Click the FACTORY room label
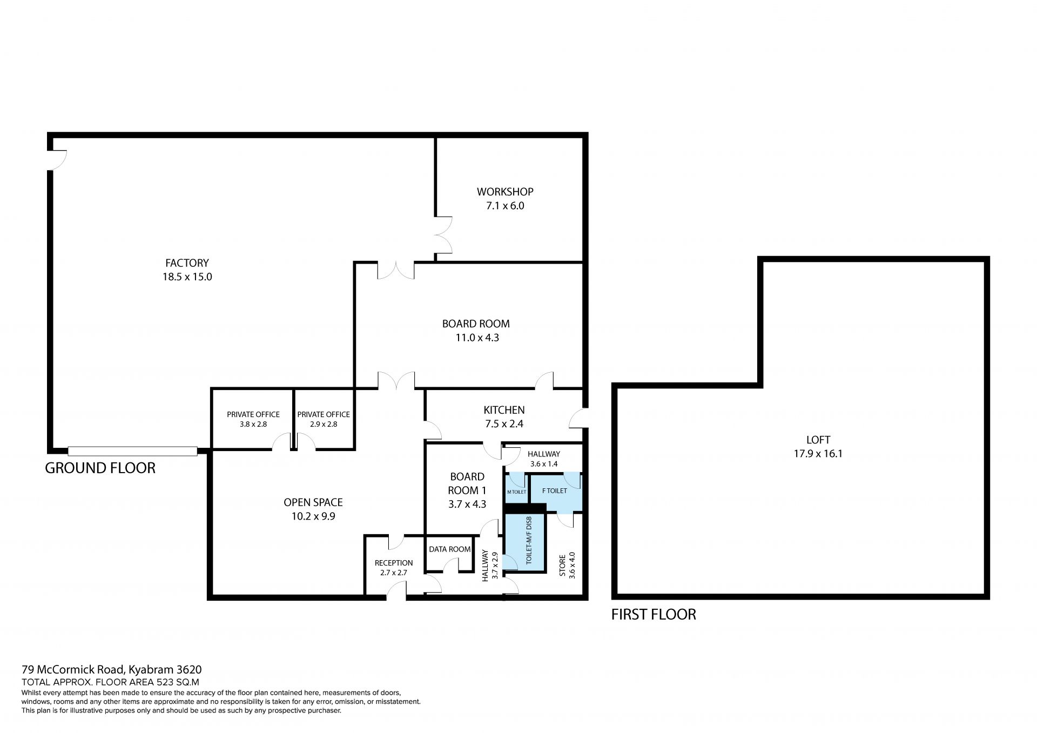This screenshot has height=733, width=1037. [x=187, y=263]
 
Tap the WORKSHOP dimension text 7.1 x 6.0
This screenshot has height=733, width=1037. [x=505, y=206]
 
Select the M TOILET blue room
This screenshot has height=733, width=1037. [x=516, y=488]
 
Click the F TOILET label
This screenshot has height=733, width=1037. [x=555, y=490]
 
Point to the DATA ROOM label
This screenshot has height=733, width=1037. [x=449, y=549]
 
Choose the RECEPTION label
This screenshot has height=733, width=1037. [x=394, y=563]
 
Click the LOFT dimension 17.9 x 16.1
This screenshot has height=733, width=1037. [x=818, y=454]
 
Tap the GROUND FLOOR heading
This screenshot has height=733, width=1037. [x=100, y=468]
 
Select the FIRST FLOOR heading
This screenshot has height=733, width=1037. [x=654, y=614]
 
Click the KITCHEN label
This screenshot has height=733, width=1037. [x=504, y=410]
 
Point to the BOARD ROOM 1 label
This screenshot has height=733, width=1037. [x=467, y=483]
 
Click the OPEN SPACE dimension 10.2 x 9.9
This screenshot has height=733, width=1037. [x=313, y=516]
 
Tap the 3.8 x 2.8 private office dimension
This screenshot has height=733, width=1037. [x=253, y=425]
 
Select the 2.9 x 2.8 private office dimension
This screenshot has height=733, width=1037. [x=324, y=425]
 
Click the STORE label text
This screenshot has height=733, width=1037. [x=562, y=565]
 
